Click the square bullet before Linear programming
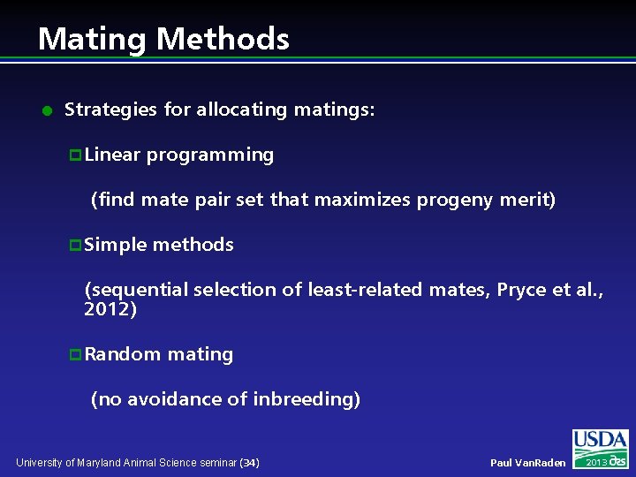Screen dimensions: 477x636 [75, 155]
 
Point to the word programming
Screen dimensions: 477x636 [210, 155]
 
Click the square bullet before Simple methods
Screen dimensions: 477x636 [75, 246]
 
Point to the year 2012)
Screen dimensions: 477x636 [110, 310]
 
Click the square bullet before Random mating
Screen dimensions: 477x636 [75, 355]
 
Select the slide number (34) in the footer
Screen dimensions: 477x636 [250, 463]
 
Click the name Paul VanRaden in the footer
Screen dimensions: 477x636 [528, 463]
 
